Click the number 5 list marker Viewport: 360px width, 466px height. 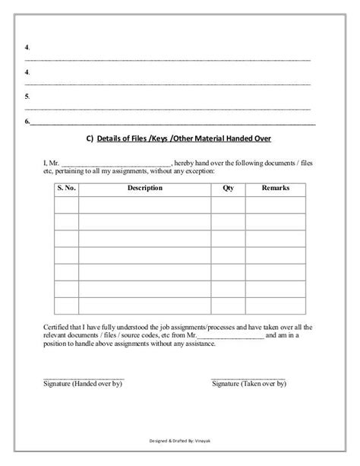pyautogui.click(x=27, y=97)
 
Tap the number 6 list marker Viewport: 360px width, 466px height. pyautogui.click(x=27, y=122)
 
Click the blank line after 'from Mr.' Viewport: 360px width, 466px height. pyautogui.click(x=232, y=335)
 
